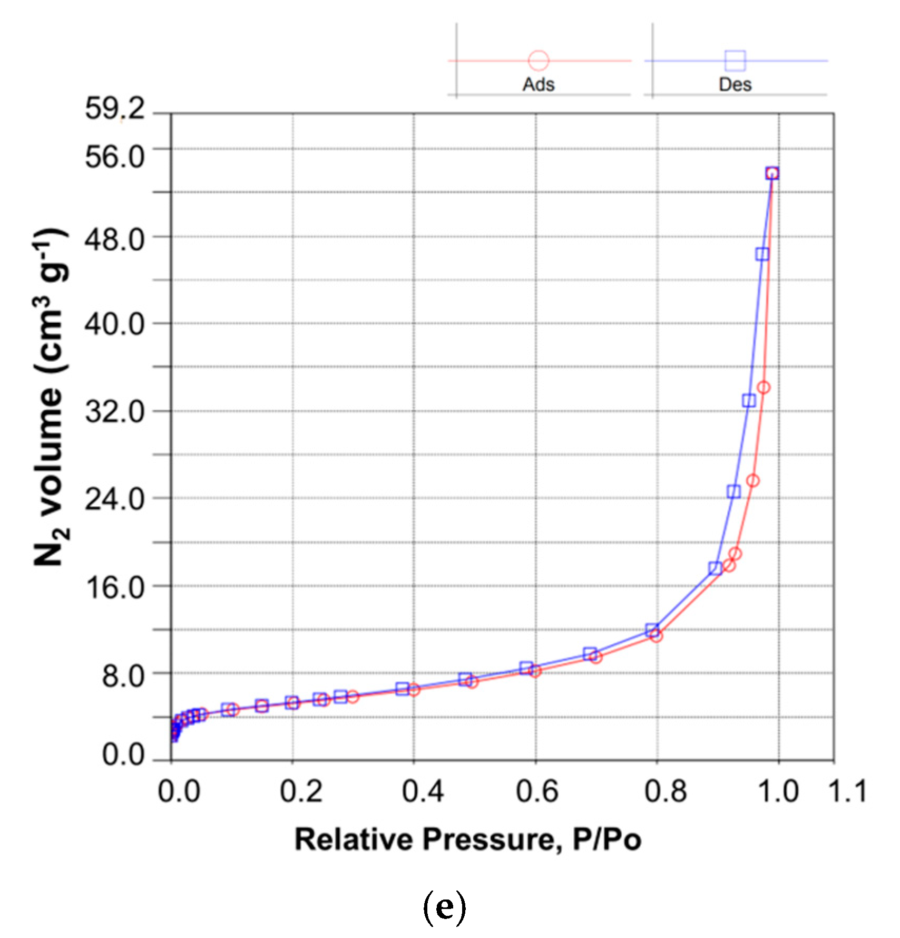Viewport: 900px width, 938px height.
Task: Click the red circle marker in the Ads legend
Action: coord(539,61)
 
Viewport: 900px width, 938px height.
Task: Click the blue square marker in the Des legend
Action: coord(735,61)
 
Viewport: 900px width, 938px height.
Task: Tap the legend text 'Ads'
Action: coord(539,85)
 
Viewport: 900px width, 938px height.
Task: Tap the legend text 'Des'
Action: coord(735,85)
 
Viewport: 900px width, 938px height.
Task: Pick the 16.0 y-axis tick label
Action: coord(114,587)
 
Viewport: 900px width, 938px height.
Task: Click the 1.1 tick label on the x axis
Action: coord(846,791)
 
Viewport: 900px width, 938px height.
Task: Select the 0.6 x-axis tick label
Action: coord(536,791)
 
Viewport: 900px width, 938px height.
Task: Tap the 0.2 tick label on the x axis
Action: coord(293,791)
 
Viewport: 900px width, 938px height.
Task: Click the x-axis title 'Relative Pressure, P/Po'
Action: coord(468,839)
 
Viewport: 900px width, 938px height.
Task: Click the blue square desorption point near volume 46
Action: coord(762,254)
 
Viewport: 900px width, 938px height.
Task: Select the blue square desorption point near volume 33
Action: coord(749,401)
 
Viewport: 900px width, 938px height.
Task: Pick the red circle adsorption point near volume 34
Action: coord(764,388)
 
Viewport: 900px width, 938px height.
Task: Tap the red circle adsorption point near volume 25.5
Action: coord(753,480)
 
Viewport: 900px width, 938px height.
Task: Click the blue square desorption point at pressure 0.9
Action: coord(715,568)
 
